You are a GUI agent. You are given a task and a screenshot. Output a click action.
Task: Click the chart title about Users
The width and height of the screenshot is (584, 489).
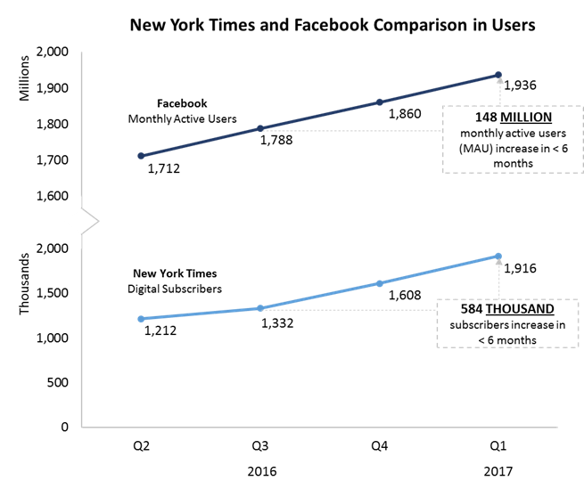coord(333,25)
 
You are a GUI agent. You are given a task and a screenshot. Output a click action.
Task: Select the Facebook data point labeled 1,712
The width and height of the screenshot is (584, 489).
coord(141,156)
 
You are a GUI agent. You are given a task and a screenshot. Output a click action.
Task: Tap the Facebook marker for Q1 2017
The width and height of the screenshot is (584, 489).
coord(498,75)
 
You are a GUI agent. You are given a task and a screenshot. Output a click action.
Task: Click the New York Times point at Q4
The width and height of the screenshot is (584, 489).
coord(379,283)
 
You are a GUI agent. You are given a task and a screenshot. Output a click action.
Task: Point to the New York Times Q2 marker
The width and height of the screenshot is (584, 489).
coord(141,319)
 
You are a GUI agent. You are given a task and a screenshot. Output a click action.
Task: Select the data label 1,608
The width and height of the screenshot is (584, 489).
coord(406,295)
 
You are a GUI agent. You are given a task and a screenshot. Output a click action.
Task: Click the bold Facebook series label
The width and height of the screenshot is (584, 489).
coord(183,103)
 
